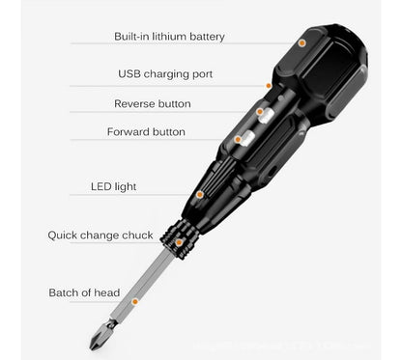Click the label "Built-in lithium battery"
168,37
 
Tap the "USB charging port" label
165,73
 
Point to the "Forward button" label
146,131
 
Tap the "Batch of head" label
84,291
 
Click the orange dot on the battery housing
302,43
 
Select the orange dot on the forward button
238,139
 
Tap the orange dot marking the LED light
200,194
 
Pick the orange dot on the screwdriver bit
149,291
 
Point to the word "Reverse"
134,103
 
